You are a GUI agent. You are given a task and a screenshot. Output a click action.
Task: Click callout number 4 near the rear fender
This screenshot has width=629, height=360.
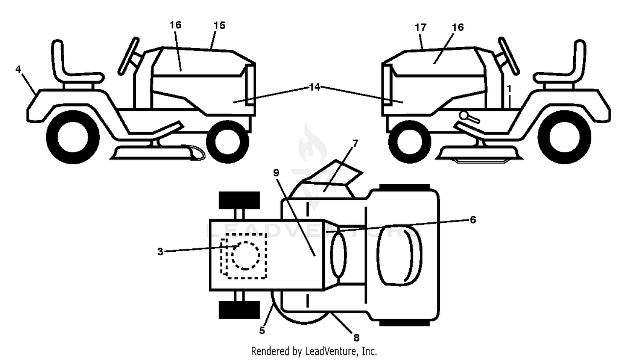[x=18, y=69]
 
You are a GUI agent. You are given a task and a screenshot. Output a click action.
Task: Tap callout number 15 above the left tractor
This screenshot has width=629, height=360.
[x=220, y=26]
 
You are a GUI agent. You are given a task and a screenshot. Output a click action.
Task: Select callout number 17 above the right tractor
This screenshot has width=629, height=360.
[x=420, y=28]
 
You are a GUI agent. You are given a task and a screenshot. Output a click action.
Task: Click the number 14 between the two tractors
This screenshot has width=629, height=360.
[x=314, y=87]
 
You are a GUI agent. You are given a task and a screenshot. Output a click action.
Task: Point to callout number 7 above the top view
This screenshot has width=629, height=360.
[x=355, y=143]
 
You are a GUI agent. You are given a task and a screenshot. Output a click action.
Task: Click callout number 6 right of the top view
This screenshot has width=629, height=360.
[x=473, y=220]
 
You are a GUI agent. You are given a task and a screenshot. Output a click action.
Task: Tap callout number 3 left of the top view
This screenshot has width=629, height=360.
[x=160, y=251]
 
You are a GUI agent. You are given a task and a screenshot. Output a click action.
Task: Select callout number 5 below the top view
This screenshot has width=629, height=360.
[x=262, y=331]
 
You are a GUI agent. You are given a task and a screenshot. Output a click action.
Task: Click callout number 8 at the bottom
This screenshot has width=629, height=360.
[x=356, y=337]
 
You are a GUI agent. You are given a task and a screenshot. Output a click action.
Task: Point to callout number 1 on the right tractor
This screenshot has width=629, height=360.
[x=509, y=89]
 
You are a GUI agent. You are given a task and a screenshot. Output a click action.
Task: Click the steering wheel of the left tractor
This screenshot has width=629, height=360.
[x=129, y=56]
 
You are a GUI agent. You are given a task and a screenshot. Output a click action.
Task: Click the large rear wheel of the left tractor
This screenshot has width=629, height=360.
[x=73, y=138]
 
